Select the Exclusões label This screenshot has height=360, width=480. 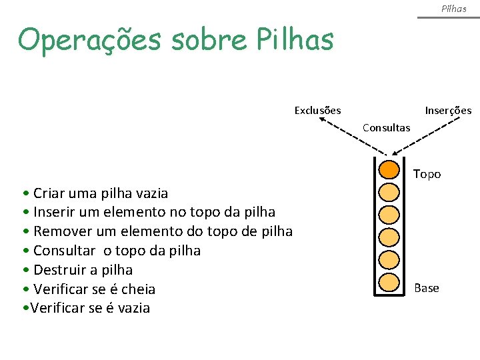coord(318,110)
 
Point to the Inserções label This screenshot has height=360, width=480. coord(448,110)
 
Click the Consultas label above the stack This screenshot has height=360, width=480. coord(386,128)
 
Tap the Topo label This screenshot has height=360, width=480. coord(427,174)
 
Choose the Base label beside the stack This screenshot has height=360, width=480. coord(427,288)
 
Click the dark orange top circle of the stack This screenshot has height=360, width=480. coord(389,169)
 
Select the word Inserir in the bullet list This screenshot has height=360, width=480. coord(55,212)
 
